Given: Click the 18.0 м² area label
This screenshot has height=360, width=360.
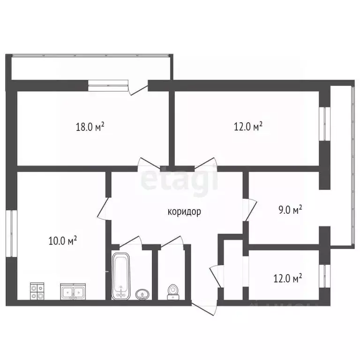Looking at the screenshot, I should [90, 127].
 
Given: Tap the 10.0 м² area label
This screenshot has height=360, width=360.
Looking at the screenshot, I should [62, 241].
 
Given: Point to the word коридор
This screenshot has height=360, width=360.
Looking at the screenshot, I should [184, 212].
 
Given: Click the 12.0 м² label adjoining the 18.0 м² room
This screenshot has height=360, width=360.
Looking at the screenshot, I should [247, 127].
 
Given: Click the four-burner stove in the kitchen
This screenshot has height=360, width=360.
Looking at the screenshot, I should [37, 291].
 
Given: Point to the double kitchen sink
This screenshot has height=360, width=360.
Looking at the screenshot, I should [72, 292].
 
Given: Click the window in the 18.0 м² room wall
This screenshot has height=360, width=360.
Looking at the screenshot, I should [108, 85].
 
